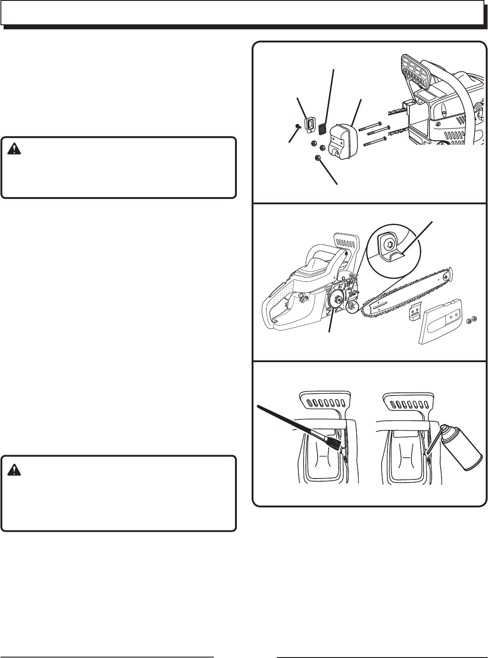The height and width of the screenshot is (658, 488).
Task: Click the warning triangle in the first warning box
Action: tap(14, 148)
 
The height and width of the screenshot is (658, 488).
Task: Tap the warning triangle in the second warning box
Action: tap(14, 469)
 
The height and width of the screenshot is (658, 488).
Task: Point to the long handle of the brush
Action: tap(293, 422)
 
